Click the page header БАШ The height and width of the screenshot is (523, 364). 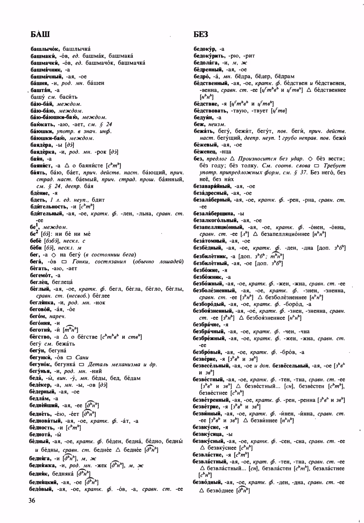point(40,35)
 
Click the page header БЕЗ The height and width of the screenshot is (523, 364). point(201,35)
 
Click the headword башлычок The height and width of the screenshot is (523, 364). point(45,49)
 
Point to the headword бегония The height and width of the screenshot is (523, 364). point(41,323)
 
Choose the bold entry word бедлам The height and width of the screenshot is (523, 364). point(40,398)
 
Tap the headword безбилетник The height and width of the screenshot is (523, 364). point(211,257)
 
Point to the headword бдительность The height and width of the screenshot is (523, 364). point(46,207)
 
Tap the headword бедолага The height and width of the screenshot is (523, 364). point(206,63)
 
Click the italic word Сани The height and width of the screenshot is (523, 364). point(82,358)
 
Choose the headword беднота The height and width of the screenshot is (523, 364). point(41,435)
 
